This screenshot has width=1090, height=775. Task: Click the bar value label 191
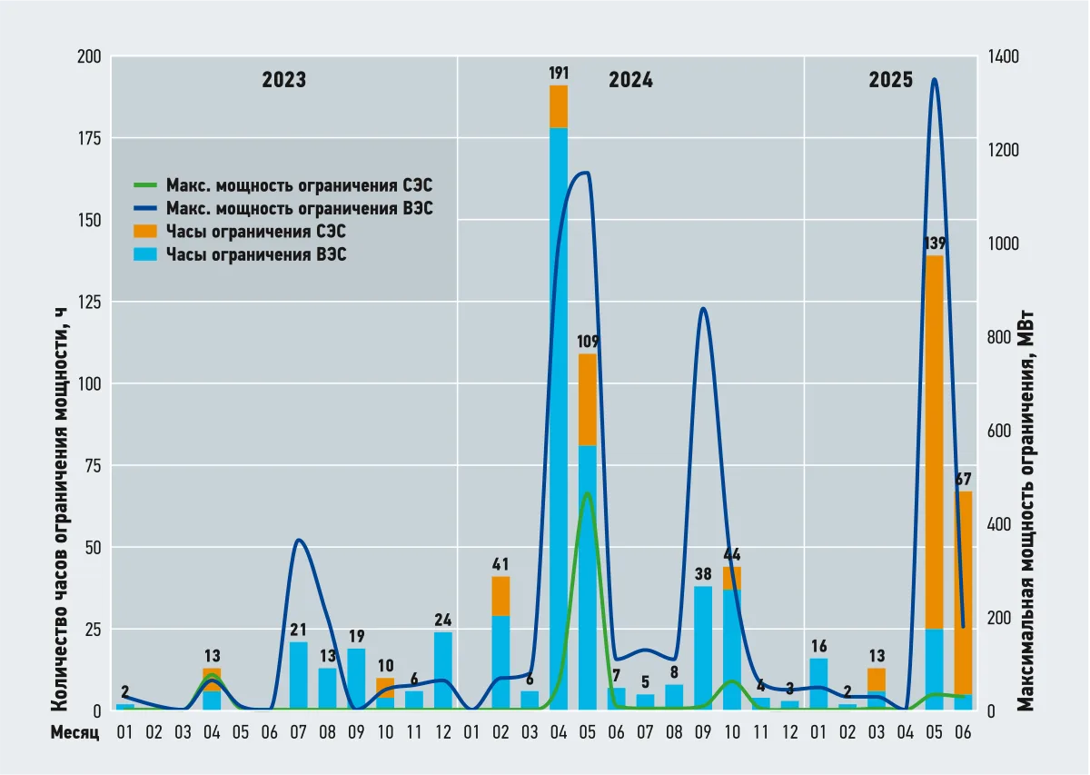(558, 74)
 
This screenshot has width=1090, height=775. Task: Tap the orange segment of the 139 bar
(934, 442)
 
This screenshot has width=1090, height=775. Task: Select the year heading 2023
(284, 80)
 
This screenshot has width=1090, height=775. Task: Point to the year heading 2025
(890, 80)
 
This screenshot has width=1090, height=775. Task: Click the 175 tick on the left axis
(90, 139)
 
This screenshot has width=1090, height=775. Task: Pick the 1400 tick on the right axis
(1004, 56)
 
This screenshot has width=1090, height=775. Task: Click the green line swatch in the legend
(145, 185)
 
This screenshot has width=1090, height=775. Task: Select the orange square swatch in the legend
(145, 232)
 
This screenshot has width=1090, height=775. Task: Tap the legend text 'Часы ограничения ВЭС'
(256, 254)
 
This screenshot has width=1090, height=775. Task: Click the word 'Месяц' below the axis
(74, 732)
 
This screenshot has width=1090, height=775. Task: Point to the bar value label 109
(588, 342)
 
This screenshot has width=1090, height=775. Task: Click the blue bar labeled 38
(703, 648)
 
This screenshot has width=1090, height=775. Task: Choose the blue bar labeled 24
(443, 671)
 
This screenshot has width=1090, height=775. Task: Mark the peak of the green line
(588, 493)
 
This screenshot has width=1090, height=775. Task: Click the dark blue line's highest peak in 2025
(934, 79)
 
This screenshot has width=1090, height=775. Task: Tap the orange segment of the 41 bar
(500, 596)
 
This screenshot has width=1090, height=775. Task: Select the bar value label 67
(963, 480)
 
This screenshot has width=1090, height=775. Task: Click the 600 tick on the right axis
(999, 431)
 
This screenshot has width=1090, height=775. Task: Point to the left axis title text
(59, 509)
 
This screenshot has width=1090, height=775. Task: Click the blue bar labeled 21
(298, 676)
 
